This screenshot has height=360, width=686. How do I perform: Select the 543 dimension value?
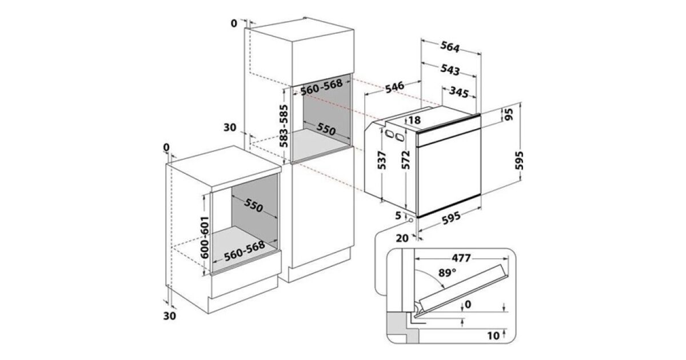pyautogui.click(x=450, y=70)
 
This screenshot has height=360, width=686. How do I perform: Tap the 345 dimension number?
pyautogui.click(x=458, y=91)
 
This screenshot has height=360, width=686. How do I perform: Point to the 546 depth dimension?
pyautogui.click(x=394, y=87)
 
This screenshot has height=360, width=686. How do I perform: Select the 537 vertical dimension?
pyautogui.click(x=383, y=162)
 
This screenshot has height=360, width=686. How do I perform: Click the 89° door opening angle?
pyautogui.click(x=448, y=273)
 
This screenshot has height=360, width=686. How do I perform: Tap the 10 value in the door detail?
pyautogui.click(x=494, y=334)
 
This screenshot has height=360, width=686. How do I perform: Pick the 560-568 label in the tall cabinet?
pyautogui.click(x=321, y=87)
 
